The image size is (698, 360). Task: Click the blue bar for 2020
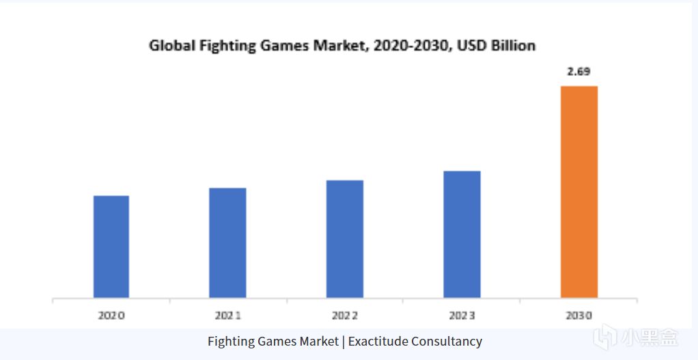(x=111, y=247)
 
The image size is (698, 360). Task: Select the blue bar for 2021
(x=227, y=243)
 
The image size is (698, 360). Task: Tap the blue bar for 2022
(x=344, y=239)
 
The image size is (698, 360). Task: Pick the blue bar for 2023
(x=462, y=234)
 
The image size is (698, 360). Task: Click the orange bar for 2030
(x=578, y=192)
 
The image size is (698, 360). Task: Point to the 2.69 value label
(x=579, y=72)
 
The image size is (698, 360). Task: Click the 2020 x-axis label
(x=111, y=316)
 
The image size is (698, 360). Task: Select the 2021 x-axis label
(x=227, y=316)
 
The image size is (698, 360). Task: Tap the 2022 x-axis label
(x=344, y=316)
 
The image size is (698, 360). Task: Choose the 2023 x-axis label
(x=462, y=316)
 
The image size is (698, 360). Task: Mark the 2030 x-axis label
(x=578, y=316)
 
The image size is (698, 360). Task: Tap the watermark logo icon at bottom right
(x=604, y=337)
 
